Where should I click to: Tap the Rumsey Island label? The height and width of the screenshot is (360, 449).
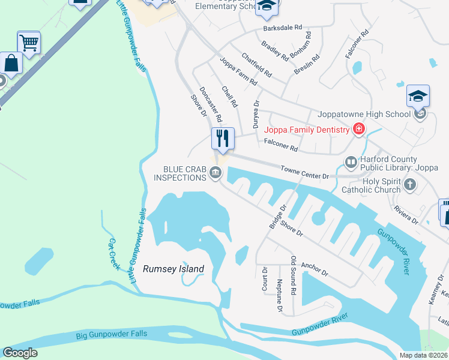coord(173,269)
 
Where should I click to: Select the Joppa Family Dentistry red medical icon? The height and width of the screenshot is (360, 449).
coord(358,130)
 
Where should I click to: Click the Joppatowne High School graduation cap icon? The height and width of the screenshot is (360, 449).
coord(418,97)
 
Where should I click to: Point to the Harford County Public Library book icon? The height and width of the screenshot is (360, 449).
coord(351,163)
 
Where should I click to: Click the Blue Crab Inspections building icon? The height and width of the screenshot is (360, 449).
coord(215,173)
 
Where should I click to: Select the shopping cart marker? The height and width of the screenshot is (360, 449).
coord(29,43)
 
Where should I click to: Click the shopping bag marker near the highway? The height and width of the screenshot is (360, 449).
coord(12,62)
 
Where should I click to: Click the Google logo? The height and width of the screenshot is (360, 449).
coord(20,353)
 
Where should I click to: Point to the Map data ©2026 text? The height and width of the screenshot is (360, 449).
coord(423,355)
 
